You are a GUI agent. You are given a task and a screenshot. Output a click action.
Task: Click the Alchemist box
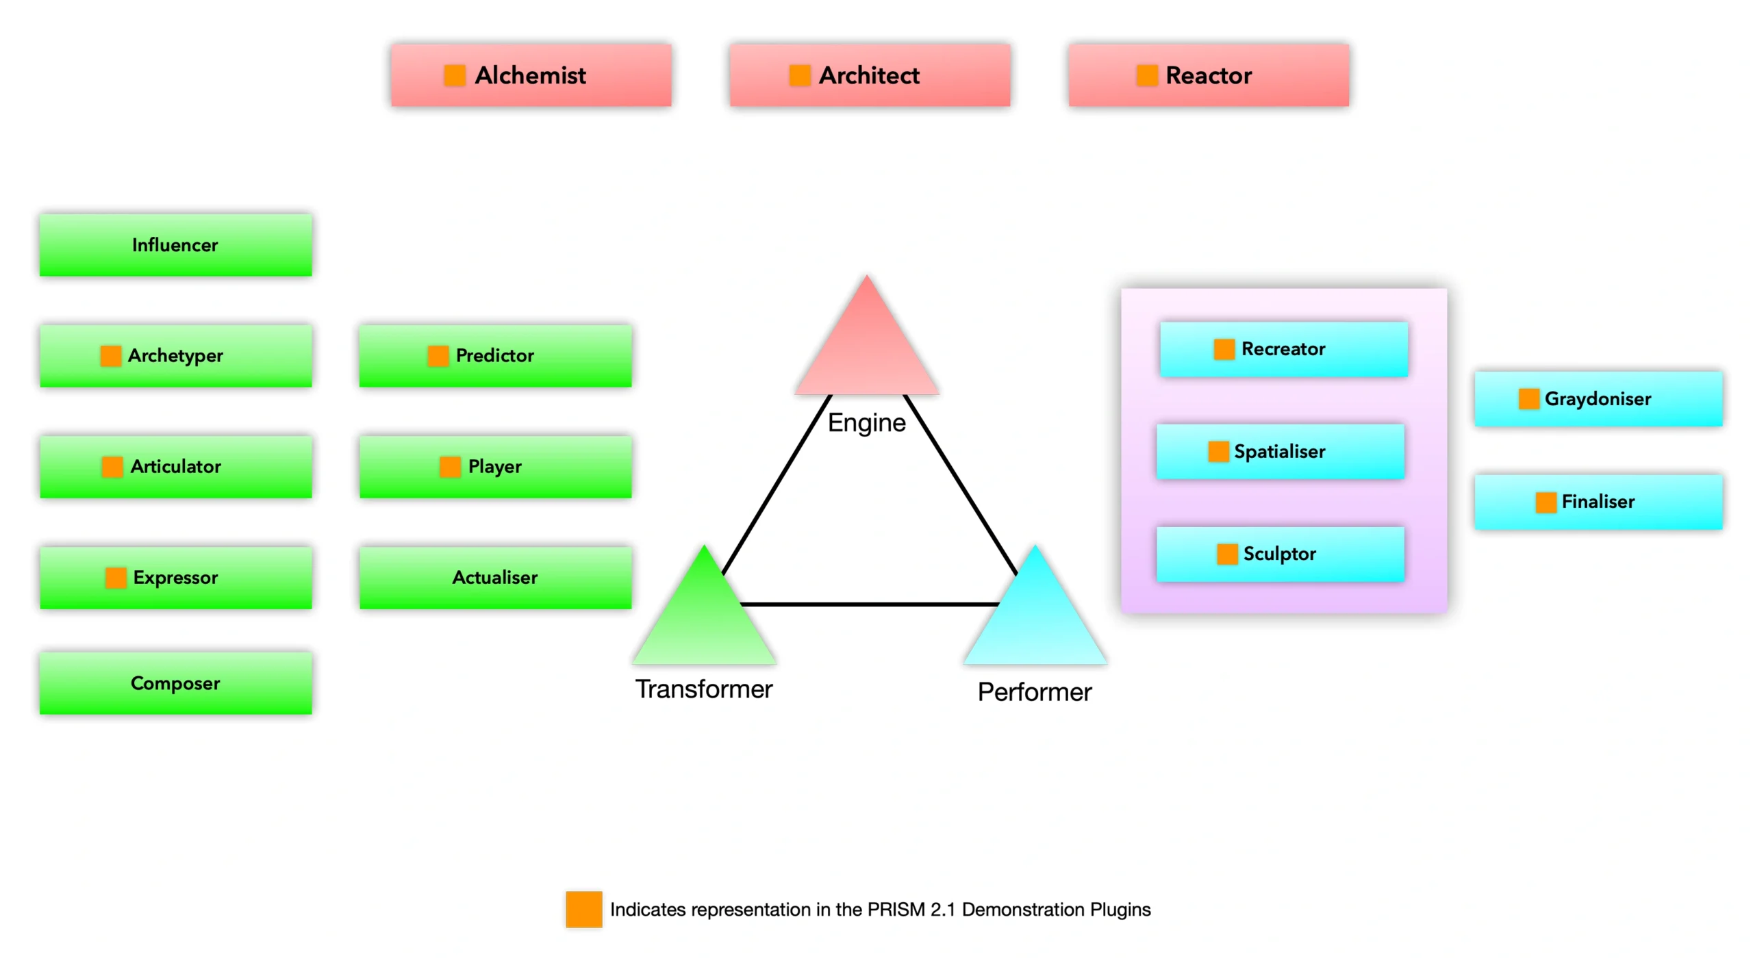[x=530, y=75]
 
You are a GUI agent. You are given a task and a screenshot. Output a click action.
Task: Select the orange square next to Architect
[x=798, y=75]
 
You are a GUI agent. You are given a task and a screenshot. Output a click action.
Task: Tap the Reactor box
[x=1208, y=75]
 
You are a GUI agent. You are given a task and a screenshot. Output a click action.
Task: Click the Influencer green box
[x=175, y=245]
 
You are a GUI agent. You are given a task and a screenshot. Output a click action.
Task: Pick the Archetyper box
[x=175, y=356]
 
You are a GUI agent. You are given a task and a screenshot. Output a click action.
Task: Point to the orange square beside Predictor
[x=437, y=356]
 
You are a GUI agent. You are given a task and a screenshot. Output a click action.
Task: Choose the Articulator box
[x=175, y=467]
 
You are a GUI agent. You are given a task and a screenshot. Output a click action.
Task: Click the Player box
[x=494, y=467]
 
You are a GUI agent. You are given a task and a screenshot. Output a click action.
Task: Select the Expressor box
[x=175, y=578]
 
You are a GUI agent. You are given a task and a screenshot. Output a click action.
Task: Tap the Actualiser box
[x=494, y=578]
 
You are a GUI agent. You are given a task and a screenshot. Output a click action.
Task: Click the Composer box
[x=175, y=683]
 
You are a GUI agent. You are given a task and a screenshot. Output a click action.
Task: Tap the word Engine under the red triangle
[x=866, y=423]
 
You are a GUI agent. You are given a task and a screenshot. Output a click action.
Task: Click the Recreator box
[x=1283, y=349]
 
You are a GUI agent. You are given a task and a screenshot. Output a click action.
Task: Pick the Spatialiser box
[x=1279, y=452]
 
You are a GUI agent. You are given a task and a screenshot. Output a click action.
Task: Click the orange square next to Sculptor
[x=1226, y=554]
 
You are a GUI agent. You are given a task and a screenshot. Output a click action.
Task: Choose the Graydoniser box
[x=1598, y=399]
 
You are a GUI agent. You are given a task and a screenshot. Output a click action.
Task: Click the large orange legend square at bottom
[x=583, y=909]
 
